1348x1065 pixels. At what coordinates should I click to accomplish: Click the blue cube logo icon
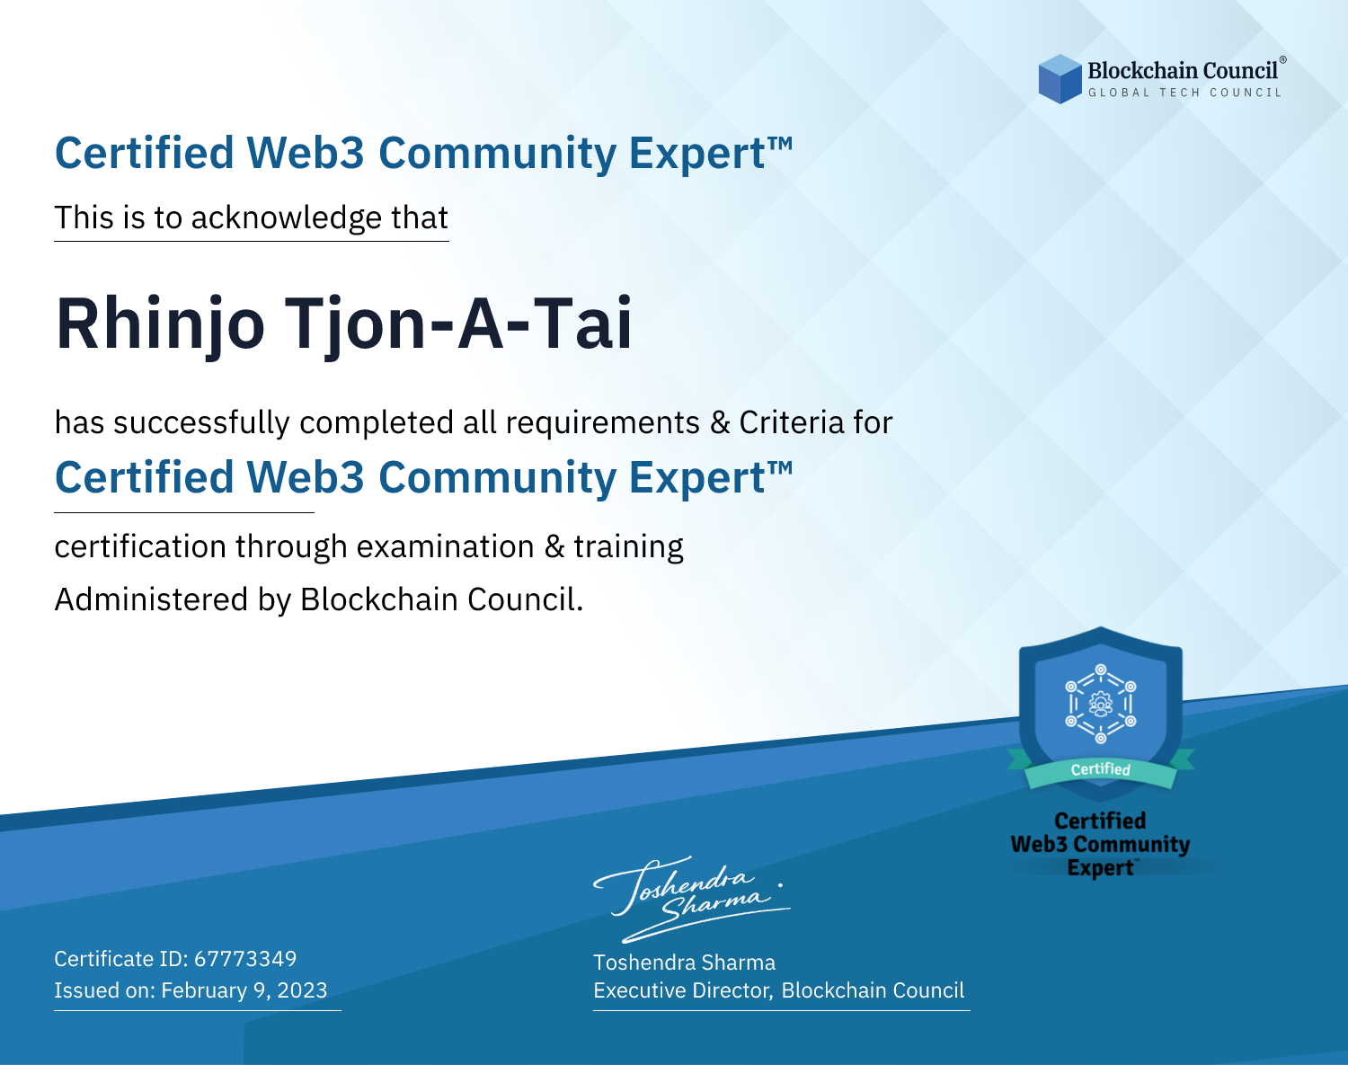(1060, 79)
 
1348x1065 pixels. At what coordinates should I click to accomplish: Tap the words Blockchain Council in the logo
(1183, 71)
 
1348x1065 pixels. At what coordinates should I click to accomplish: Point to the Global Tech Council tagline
(1185, 93)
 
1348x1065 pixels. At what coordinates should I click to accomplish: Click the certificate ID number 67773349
(245, 958)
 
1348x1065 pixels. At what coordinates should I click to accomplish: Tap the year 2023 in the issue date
(302, 990)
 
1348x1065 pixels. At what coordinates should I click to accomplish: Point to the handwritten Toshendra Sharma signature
(692, 900)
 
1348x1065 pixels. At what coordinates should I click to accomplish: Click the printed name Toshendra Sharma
(684, 963)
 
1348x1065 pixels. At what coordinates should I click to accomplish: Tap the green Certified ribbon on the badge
(1101, 769)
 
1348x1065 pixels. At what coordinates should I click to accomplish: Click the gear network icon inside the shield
(1101, 704)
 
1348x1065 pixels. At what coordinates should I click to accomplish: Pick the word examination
(446, 546)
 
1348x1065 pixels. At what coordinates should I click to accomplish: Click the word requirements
(603, 423)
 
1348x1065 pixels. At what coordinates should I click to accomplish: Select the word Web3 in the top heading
(305, 153)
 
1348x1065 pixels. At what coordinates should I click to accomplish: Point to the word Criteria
(792, 422)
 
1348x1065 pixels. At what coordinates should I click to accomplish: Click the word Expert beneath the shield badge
(1101, 868)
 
